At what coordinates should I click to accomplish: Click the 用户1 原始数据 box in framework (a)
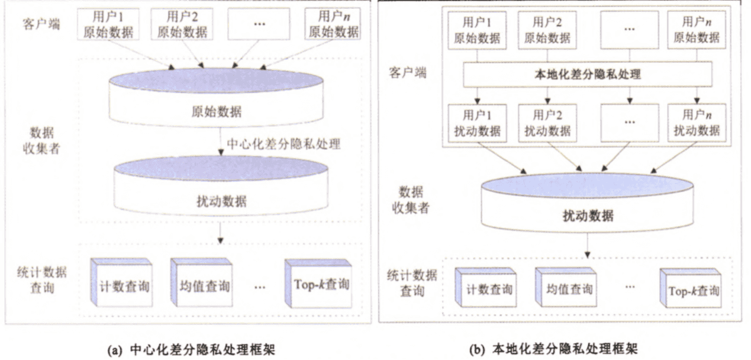(107, 24)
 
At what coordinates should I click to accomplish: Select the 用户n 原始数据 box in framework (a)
(334, 24)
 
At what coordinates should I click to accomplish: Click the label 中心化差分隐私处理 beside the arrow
(284, 143)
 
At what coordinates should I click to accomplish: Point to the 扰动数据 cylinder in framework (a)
(219, 189)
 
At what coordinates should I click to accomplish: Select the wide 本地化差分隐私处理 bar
(587, 75)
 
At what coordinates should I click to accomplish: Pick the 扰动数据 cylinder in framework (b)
(587, 204)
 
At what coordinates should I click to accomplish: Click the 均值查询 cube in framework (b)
(565, 288)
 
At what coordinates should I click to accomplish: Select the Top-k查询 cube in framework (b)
(691, 288)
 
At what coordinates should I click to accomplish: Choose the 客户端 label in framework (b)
(407, 73)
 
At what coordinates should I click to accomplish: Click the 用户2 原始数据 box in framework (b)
(547, 31)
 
